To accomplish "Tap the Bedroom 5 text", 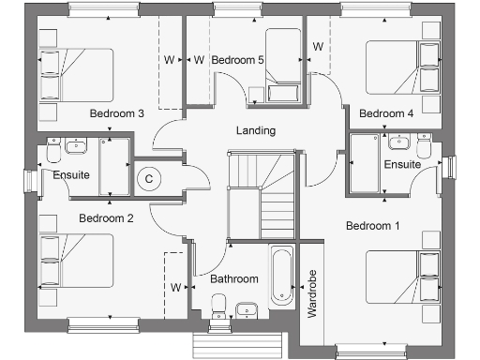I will coord(238,60).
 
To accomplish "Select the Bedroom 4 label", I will coord(386,113).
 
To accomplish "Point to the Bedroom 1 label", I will coord(372,226).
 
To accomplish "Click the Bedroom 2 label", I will coord(106,218).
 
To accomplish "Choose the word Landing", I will coord(256,130).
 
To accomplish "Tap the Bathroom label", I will coord(233,279).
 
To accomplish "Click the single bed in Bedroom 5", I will coord(281,68).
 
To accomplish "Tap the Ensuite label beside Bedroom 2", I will coord(71,175).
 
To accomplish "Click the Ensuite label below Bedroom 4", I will coord(402,165).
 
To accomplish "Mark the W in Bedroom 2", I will coord(175,287).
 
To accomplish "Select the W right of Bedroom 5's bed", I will coord(318,47).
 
